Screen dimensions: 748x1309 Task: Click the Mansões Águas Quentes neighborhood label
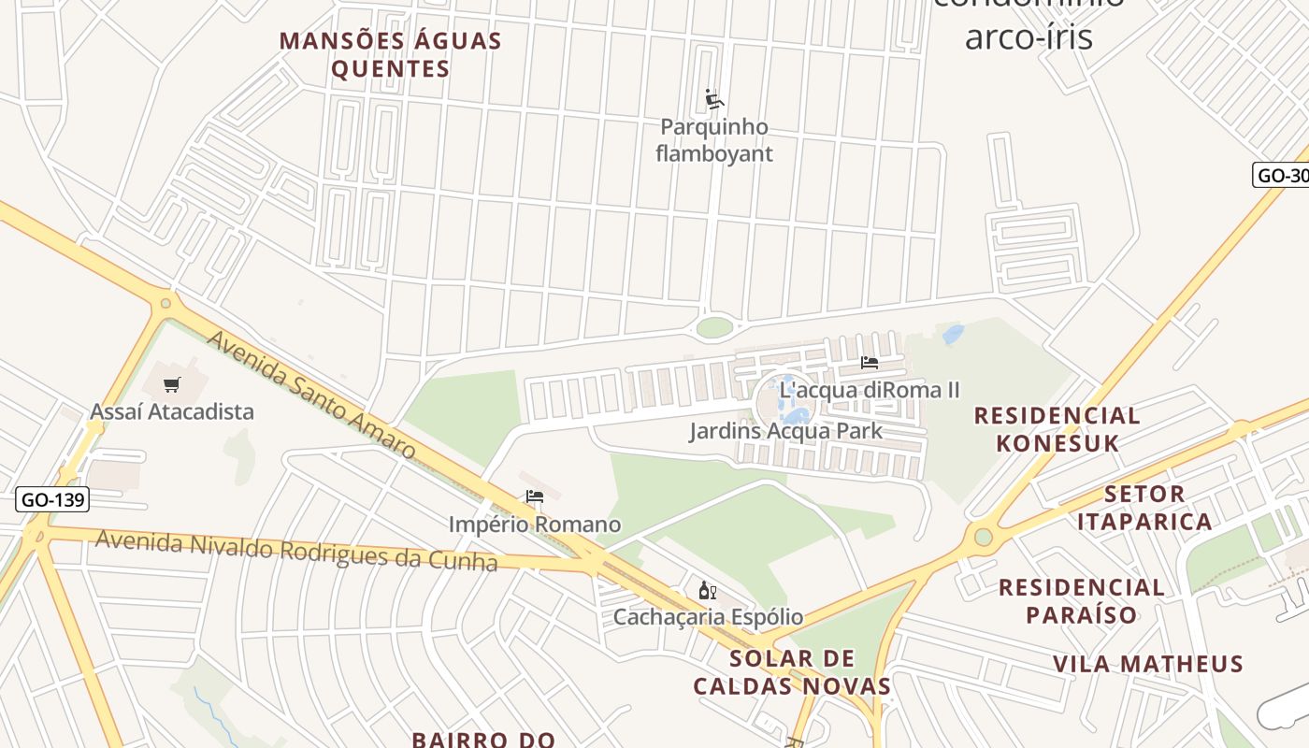[391, 55]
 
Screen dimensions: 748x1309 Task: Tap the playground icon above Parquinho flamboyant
[715, 99]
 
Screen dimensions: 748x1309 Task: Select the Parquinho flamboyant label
[714, 140]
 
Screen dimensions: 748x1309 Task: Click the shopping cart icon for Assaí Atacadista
[172, 384]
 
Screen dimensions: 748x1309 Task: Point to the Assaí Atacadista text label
[172, 411]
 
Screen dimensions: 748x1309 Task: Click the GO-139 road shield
[52, 499]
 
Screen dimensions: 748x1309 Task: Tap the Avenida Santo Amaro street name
[311, 396]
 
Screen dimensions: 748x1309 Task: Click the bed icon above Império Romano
[535, 496]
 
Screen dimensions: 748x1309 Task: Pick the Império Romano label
[535, 524]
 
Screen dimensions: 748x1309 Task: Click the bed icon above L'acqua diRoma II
[870, 363]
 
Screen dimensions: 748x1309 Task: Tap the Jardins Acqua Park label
[785, 431]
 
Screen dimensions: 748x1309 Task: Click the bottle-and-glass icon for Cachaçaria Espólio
[708, 590]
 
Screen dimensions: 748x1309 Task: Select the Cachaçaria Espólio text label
[708, 617]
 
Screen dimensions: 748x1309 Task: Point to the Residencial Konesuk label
[1057, 429]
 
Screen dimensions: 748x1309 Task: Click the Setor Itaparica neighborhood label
[1144, 507]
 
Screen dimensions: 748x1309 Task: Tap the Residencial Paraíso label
[1082, 601]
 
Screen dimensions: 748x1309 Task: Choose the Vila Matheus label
[1148, 664]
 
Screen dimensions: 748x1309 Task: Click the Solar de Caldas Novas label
[792, 671]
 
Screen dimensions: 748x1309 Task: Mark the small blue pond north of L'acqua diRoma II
[953, 334]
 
